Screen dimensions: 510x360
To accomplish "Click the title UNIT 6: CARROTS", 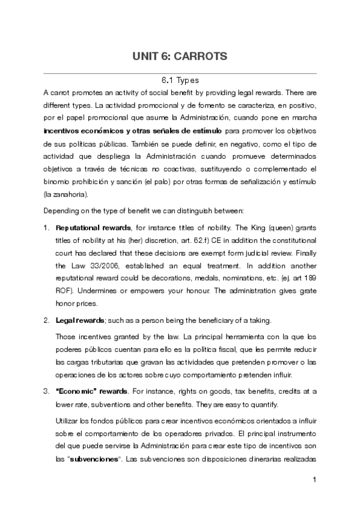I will pyautogui.click(x=180, y=57).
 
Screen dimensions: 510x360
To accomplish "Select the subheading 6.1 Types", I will pyautogui.click(x=180, y=80).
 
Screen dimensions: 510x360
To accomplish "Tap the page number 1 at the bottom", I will pyautogui.click(x=314, y=480).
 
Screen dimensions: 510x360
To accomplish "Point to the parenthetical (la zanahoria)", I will pyautogui.click(x=66, y=194).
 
